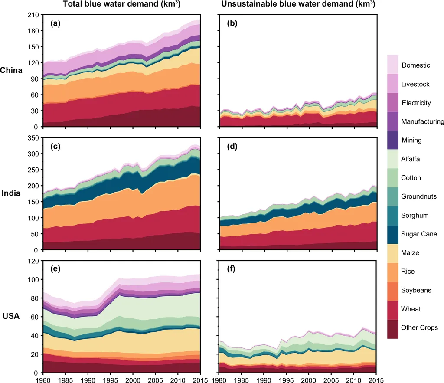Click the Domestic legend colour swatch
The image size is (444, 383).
(393, 65)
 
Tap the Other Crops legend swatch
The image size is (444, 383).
(393, 328)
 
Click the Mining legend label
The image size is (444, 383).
(411, 141)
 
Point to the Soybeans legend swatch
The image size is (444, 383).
(393, 290)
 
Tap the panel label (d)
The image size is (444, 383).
(232, 147)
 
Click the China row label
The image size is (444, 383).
(12, 70)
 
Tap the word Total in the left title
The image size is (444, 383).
(72, 4)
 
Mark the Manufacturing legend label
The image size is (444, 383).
(423, 122)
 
